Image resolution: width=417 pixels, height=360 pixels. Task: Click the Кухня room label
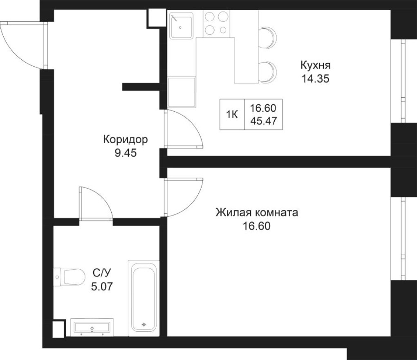(x=315, y=65)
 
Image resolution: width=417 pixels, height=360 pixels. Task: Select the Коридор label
(x=125, y=140)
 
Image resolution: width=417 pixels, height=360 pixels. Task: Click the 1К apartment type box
(x=232, y=115)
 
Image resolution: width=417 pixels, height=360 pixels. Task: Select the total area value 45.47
(x=263, y=121)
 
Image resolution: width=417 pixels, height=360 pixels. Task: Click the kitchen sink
(x=181, y=25)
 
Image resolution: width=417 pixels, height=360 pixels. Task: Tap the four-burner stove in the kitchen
(x=217, y=23)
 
